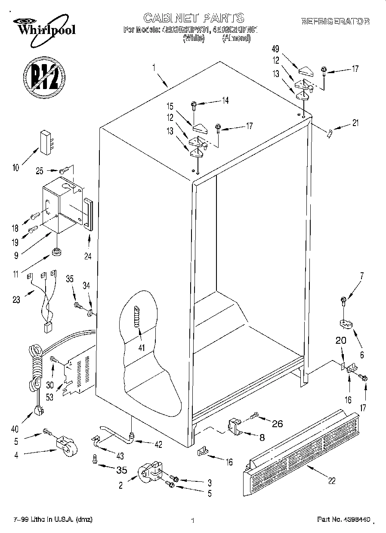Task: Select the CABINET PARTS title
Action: click(194, 18)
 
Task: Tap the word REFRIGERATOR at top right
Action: click(335, 21)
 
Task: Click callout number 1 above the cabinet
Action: click(154, 67)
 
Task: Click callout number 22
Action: click(331, 481)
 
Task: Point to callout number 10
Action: click(16, 168)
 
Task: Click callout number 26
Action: click(278, 424)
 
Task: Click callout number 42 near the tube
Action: click(159, 445)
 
